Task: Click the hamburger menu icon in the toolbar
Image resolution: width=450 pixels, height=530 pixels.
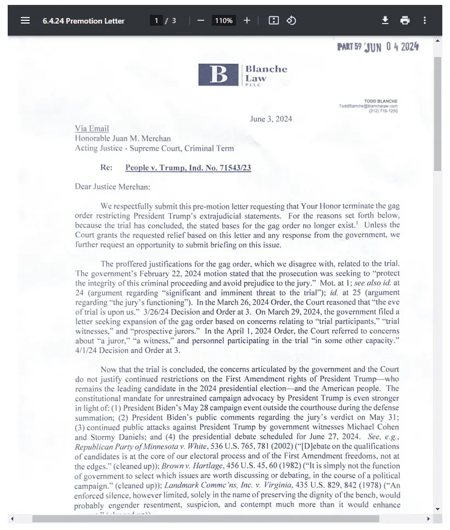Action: pos(25,20)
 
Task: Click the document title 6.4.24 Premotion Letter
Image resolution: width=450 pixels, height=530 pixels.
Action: pos(83,21)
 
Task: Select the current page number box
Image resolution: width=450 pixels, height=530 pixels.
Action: pos(156,21)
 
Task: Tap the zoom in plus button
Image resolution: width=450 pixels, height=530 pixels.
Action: pos(247,20)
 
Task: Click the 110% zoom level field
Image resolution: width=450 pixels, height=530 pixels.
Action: pos(223,21)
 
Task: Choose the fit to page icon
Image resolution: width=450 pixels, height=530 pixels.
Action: pos(274,20)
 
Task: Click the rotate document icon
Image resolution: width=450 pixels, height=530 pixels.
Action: pos(292,20)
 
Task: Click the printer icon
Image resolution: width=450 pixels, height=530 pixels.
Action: pos(405,20)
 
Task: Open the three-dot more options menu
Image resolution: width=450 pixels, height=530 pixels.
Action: pos(425,20)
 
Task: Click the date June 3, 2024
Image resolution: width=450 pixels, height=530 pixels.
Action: pos(271,119)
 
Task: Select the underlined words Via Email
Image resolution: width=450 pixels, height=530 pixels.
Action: pos(92,129)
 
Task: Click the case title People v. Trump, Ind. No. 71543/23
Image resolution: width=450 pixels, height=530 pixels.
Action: pos(188,168)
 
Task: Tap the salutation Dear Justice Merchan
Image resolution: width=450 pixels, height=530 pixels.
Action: pos(113,186)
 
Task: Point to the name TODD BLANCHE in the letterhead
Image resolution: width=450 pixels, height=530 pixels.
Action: pos(381,101)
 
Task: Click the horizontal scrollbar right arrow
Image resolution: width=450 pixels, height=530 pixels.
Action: pos(429,518)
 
